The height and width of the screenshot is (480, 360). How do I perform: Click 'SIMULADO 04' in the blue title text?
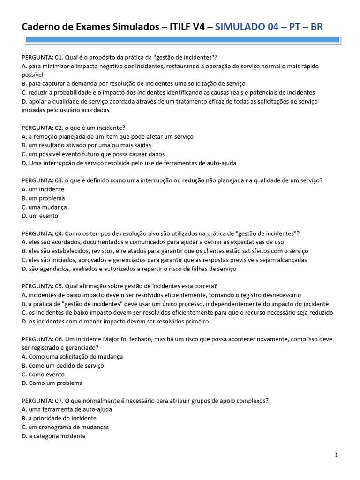pos(247,27)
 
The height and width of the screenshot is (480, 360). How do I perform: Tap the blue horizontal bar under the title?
pos(180,41)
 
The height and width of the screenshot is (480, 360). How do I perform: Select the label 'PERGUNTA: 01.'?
pos(43,57)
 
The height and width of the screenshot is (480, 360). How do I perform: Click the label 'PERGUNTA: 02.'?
pos(43,127)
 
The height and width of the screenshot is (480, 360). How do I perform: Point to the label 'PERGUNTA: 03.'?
pos(43,180)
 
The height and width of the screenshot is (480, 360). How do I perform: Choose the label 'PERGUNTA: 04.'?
pos(43,233)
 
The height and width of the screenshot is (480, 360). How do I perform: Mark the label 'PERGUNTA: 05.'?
pos(43,286)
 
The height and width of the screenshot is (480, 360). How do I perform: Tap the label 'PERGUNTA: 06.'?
pos(43,339)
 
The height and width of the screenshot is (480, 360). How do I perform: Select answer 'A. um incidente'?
pos(43,189)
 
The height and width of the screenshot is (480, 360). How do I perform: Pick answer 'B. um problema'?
pos(43,198)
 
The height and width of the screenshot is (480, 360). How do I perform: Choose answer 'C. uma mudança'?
pos(44,207)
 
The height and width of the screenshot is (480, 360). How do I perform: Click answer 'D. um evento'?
pos(40,216)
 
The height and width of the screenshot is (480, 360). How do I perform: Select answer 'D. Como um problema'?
pos(52,383)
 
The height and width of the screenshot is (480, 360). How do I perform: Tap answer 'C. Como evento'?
pos(43,375)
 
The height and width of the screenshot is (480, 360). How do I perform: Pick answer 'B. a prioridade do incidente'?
pos(59,418)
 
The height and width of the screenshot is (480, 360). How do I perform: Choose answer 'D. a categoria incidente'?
pos(53,436)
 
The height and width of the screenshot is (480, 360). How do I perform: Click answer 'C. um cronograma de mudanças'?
pos(65,427)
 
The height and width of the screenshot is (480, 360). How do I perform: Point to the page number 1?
pos(337,455)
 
